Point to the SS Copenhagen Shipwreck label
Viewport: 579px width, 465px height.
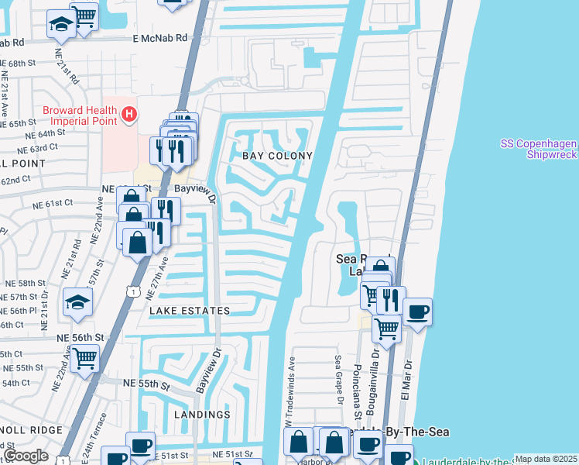pos(539,149)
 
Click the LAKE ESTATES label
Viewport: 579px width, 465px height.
pos(190,311)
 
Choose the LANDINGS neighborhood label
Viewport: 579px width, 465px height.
pos(202,415)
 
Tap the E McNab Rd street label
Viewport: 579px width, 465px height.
pos(160,37)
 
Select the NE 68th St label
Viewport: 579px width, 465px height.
pos(21,62)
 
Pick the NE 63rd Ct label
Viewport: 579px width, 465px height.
pos(38,148)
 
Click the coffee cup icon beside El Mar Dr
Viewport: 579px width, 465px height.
pos(417,312)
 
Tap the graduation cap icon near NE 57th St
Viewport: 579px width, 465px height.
pos(77,301)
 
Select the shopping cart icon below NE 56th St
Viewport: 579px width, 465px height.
pos(84,358)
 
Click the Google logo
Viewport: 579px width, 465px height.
pos(26,456)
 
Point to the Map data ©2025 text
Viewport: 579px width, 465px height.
pos(546,459)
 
